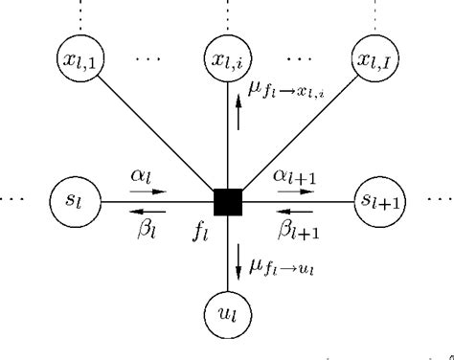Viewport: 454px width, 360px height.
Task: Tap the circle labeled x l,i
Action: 227,62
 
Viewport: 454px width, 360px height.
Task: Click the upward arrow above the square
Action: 238,119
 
